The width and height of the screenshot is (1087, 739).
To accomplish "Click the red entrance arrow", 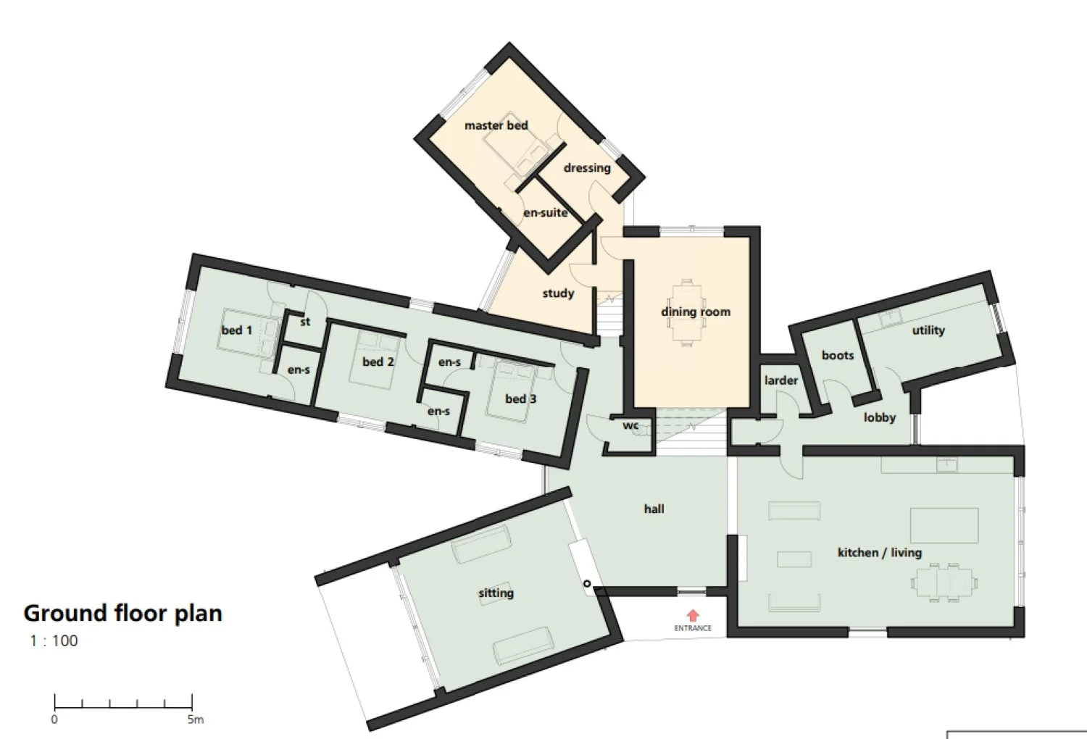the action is point(693,615).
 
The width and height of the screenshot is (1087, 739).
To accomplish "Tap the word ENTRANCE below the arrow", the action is point(693,628).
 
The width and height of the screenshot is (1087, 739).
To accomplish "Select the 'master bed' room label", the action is point(496,125).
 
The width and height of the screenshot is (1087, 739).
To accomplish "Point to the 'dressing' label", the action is point(587,168).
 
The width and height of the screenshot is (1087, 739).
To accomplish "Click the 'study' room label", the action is point(558,293).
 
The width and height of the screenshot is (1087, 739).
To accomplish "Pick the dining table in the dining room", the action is point(687,313).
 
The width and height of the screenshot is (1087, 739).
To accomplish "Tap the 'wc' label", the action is point(630,425).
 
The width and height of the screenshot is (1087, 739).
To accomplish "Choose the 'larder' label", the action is point(780,380).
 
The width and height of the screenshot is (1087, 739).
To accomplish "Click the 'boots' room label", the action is point(838,355).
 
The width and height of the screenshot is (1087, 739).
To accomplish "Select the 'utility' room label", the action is point(928,330).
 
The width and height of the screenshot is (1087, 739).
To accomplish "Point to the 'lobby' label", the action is point(879,417).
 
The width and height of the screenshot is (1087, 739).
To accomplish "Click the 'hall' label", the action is point(654,509).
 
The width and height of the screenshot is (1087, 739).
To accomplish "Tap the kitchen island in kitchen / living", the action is point(944,525).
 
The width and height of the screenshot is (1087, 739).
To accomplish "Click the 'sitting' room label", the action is point(496,593).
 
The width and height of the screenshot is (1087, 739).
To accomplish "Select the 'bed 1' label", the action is point(237,330).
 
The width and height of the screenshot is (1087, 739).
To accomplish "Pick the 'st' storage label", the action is point(305,321).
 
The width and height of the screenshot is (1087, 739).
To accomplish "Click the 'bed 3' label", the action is point(521,399).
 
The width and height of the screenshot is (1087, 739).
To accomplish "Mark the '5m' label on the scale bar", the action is point(196,719).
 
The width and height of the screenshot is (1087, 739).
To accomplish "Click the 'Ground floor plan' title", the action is point(122,614).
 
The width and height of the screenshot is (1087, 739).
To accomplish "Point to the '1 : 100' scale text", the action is point(54,641).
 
